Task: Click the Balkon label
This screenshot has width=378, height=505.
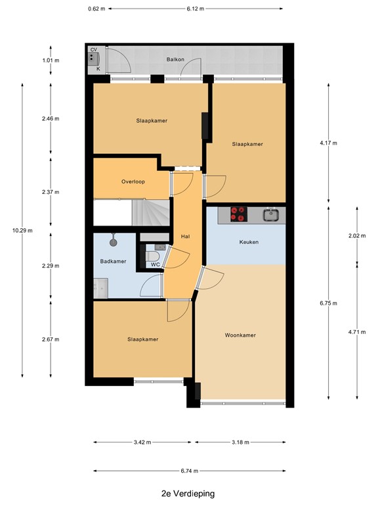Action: coord(175,60)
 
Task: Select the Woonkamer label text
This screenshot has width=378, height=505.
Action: coord(240,335)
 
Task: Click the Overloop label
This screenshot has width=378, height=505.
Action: coord(133,181)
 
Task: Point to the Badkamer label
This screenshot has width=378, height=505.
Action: coord(114,261)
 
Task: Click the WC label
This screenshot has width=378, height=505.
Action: coord(156,264)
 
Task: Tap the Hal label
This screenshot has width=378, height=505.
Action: coord(184,237)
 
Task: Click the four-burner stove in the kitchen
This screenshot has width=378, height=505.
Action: coord(237,214)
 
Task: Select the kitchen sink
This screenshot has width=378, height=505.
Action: coord(270,214)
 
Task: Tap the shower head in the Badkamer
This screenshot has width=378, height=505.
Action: coord(114,241)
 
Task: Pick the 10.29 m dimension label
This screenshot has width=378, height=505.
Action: coord(22,230)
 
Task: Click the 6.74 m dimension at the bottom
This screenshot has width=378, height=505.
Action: coord(190,471)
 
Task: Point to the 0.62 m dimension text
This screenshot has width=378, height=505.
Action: coord(96,9)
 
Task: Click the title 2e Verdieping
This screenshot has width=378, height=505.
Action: coord(188,493)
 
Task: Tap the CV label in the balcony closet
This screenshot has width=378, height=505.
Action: coord(94,50)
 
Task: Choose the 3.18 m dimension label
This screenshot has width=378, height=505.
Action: coord(241,443)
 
